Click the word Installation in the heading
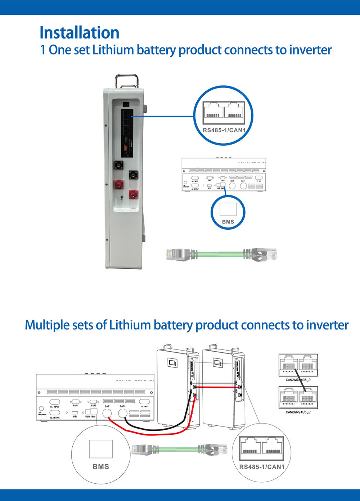[x=79, y=32]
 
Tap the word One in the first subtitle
[x=60, y=50]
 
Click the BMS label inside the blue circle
[x=228, y=222]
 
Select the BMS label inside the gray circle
[x=101, y=466]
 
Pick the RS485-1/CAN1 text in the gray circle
[x=262, y=467]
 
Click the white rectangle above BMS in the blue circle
[x=228, y=209]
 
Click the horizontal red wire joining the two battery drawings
[x=216, y=387]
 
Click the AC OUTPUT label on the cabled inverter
[x=55, y=418]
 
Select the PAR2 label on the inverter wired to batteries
[x=94, y=406]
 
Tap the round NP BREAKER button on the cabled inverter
[x=41, y=409]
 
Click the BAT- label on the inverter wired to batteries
[x=122, y=406]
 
